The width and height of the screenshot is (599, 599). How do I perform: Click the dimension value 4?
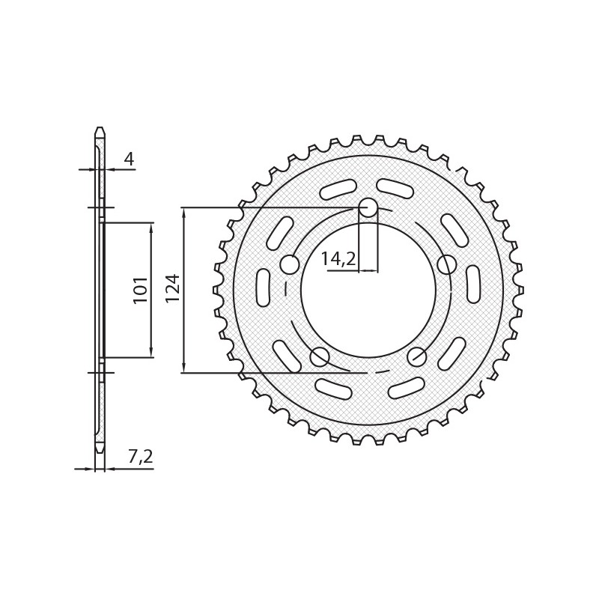click(129, 159)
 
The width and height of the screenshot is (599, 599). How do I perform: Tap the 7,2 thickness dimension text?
click(140, 457)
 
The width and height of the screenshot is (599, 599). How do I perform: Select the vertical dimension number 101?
click(141, 289)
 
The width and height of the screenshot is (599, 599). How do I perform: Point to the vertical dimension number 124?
click(173, 288)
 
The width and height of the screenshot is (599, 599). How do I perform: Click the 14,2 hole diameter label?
click(338, 259)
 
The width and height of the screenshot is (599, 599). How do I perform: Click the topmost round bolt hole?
click(368, 207)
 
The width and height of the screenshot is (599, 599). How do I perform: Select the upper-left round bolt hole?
click(290, 264)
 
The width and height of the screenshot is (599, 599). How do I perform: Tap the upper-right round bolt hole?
click(447, 264)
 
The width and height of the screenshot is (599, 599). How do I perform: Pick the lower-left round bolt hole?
click(320, 357)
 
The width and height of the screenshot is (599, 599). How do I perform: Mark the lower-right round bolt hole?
click(417, 357)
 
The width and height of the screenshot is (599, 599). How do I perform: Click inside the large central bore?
click(368, 299)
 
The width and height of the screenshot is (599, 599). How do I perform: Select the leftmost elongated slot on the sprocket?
click(263, 288)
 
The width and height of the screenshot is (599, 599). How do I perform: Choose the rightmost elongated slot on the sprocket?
click(473, 285)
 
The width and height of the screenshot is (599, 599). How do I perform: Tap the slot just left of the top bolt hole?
click(338, 189)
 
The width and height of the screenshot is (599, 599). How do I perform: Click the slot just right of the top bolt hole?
click(395, 189)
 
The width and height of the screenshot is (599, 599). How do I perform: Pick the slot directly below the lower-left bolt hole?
click(333, 389)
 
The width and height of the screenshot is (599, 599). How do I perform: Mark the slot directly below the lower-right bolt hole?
click(407, 388)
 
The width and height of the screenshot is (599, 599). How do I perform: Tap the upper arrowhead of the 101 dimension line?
click(151, 227)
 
